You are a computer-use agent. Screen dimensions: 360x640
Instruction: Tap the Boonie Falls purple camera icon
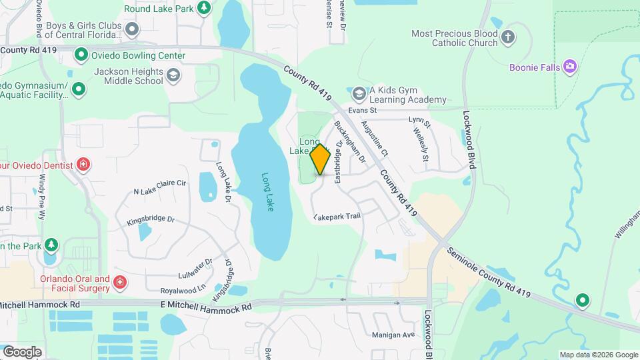click(x=569, y=66)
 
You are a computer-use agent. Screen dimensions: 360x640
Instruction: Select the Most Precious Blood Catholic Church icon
click(x=508, y=37)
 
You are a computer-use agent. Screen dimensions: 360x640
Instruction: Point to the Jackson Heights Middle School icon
click(x=173, y=75)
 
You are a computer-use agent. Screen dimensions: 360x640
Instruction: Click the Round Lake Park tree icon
click(x=203, y=9)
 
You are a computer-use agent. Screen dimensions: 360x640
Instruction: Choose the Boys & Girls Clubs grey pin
click(x=132, y=29)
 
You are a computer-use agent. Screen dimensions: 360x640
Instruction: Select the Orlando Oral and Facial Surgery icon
click(x=120, y=283)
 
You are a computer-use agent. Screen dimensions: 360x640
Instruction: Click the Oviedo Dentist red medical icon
click(x=83, y=164)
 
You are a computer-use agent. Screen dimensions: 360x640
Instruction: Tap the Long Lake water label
click(x=267, y=193)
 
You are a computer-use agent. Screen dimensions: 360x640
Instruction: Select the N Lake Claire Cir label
click(x=159, y=191)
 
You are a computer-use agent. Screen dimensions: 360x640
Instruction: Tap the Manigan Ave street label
click(x=393, y=334)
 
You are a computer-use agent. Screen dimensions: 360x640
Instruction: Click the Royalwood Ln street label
click(x=183, y=290)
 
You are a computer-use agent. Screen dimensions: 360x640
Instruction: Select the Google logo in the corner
click(x=22, y=352)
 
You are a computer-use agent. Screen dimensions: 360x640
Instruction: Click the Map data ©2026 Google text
click(x=598, y=355)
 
